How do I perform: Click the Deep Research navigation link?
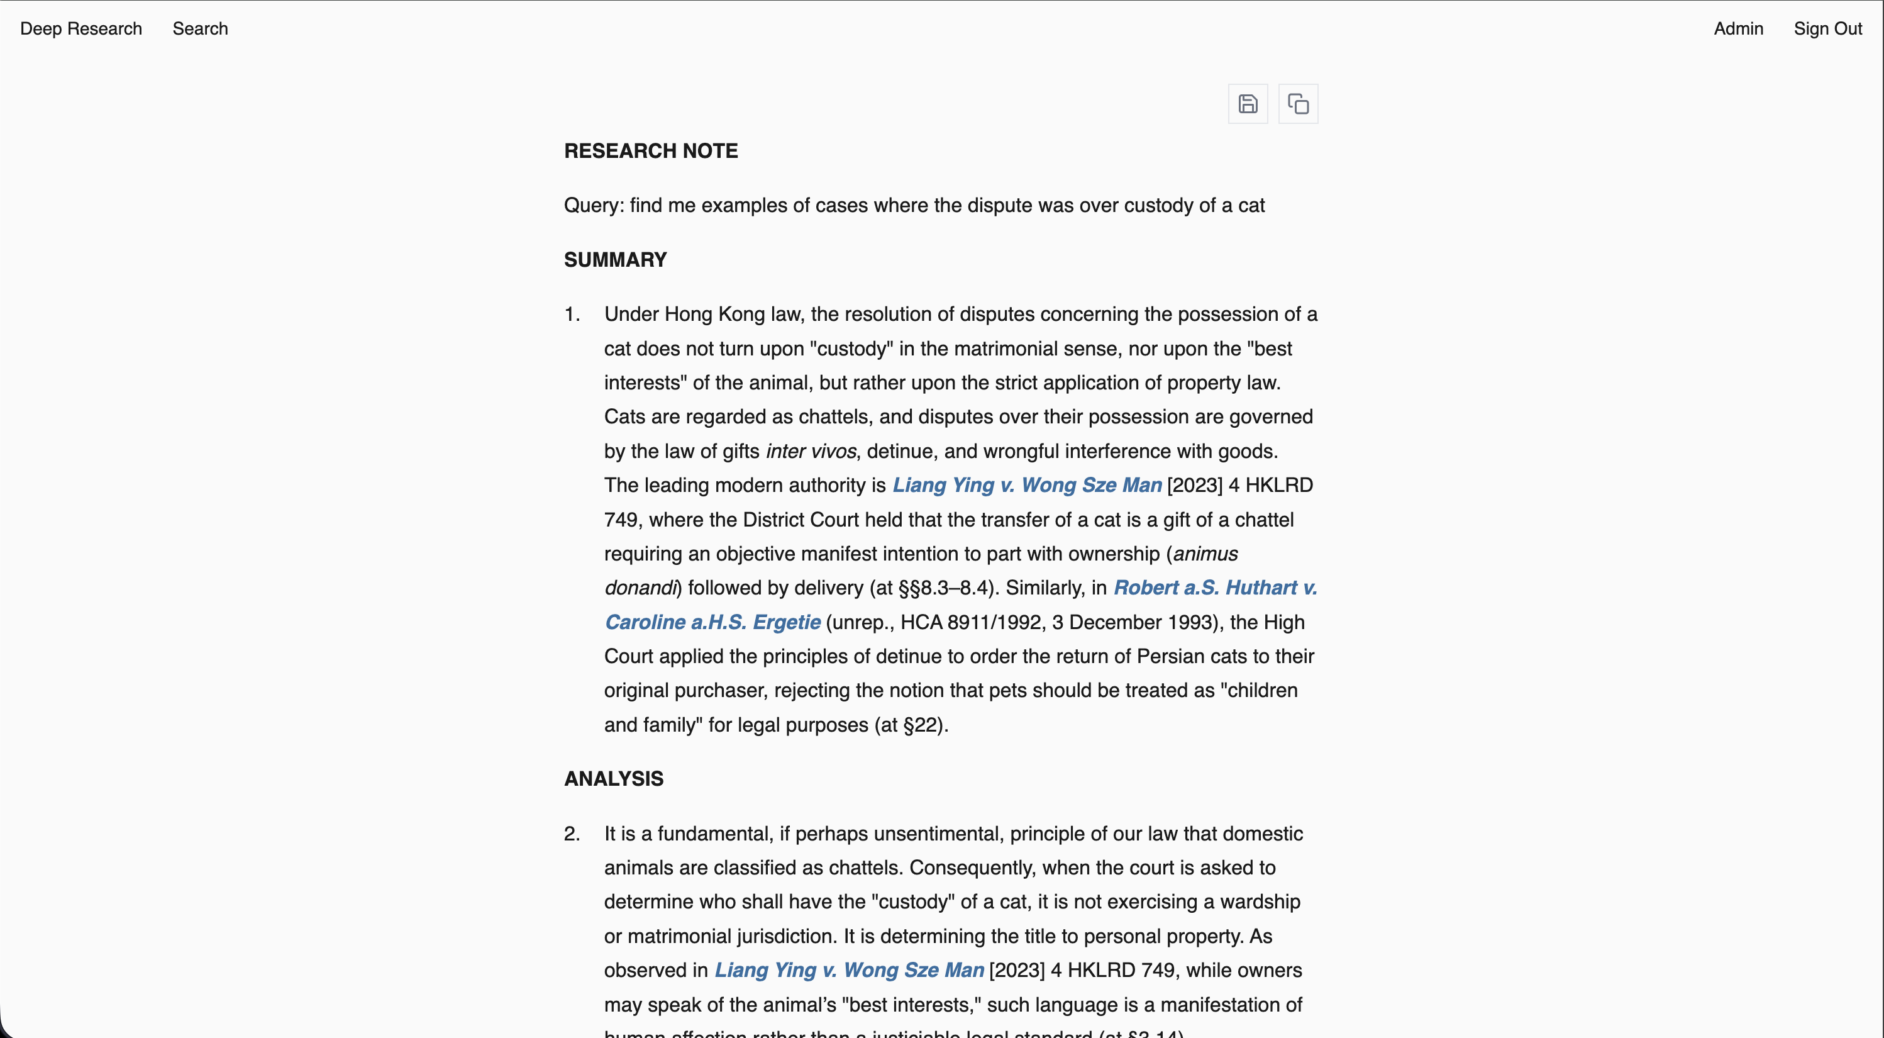pyautogui.click(x=80, y=28)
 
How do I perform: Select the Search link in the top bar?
pyautogui.click(x=200, y=28)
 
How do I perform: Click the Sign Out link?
pyautogui.click(x=1827, y=28)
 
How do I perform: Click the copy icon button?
pyautogui.click(x=1297, y=104)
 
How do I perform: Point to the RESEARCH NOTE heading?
pyautogui.click(x=650, y=151)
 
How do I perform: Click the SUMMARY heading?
pyautogui.click(x=614, y=260)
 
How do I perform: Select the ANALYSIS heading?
pyautogui.click(x=613, y=778)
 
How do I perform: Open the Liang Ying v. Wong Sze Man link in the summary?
pyautogui.click(x=1026, y=485)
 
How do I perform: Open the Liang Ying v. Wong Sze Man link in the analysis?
pyautogui.click(x=848, y=970)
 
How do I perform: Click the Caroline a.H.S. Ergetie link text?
pyautogui.click(x=712, y=622)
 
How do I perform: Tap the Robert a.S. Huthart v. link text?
pyautogui.click(x=1215, y=588)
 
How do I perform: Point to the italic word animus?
pyautogui.click(x=1205, y=554)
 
